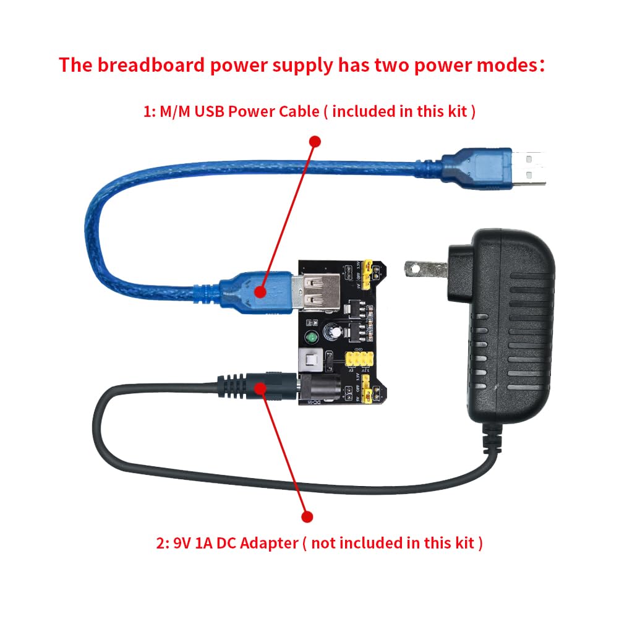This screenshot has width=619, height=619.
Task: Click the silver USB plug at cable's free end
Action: pos(529,168)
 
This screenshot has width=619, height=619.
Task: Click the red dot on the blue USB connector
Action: pos(260,291)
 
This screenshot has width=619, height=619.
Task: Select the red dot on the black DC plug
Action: pos(260,389)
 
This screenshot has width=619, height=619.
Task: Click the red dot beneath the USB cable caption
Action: pos(314,141)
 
